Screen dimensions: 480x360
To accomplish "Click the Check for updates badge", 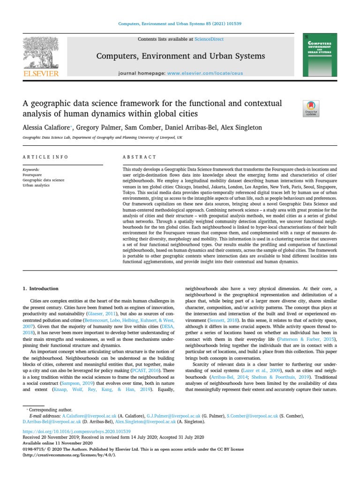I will pos(312,108).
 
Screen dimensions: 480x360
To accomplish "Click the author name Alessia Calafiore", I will pos(46,127).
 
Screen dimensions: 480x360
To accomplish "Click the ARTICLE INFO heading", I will pos(45,157).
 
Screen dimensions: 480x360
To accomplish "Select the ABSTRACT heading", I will pos(139,157).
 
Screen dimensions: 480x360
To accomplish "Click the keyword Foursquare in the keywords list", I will pos(32,174).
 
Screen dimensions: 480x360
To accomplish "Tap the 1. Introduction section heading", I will pos(41,289).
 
